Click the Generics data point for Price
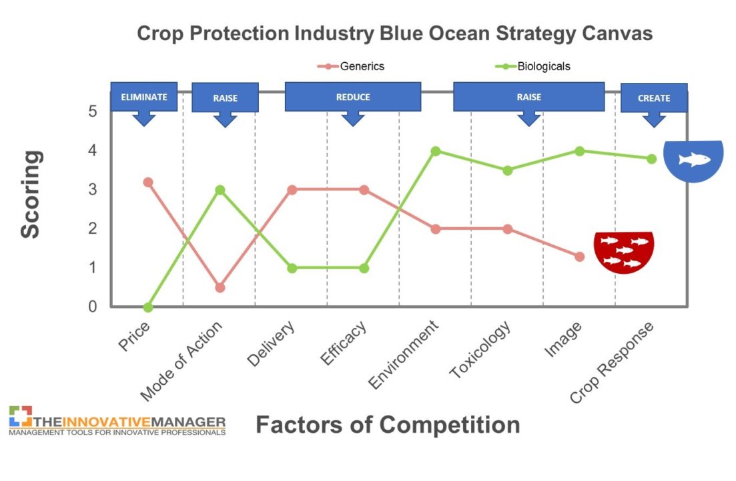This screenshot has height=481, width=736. click(148, 182)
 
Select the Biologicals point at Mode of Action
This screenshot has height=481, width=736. click(220, 190)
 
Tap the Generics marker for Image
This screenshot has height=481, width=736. click(579, 257)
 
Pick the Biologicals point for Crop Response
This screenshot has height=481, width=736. click(651, 158)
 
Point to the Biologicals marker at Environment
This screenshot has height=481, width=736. click(436, 151)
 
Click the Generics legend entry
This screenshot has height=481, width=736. click(351, 66)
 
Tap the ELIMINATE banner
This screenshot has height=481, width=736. click(144, 98)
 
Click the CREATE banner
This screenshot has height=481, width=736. click(654, 98)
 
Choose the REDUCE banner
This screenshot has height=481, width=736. click(353, 97)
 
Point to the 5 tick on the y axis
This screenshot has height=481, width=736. click(92, 112)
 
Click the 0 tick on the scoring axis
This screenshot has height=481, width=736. click(92, 307)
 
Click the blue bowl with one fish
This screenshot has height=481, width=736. click(693, 160)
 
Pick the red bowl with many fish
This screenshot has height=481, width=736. click(624, 252)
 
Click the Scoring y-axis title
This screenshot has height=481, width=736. click(31, 194)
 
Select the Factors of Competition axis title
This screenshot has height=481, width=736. click(388, 424)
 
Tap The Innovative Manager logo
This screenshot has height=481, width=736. click(117, 421)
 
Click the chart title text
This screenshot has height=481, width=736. click(395, 33)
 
